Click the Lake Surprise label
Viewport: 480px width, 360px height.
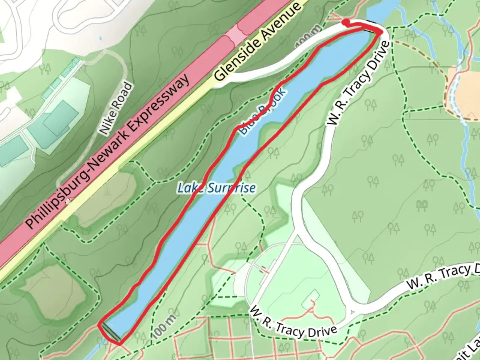[216, 188]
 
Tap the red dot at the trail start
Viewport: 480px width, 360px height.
[346, 22]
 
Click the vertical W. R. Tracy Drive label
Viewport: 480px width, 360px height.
[359, 83]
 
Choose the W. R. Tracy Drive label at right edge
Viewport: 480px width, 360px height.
[443, 276]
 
